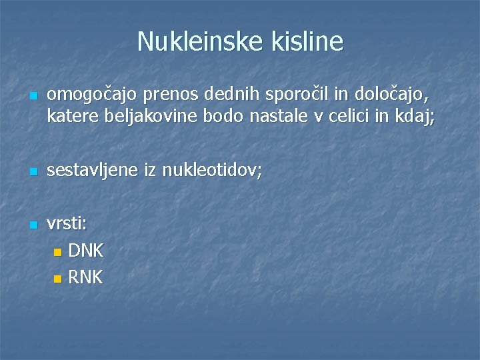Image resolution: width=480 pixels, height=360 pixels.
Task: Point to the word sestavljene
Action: pyautogui.click(x=93, y=171)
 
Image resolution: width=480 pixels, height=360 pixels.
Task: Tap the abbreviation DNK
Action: pyautogui.click(x=86, y=251)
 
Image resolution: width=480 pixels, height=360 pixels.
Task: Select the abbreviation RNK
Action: pyautogui.click(x=86, y=277)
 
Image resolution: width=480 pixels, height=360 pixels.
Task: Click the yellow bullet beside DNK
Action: pyautogui.click(x=57, y=253)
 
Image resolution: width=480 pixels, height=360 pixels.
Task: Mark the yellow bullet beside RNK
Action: pyautogui.click(x=57, y=278)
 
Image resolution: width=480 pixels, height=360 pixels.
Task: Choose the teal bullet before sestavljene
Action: pyautogui.click(x=33, y=173)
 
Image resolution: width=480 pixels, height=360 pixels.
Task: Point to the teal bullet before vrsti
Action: pyautogui.click(x=33, y=226)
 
